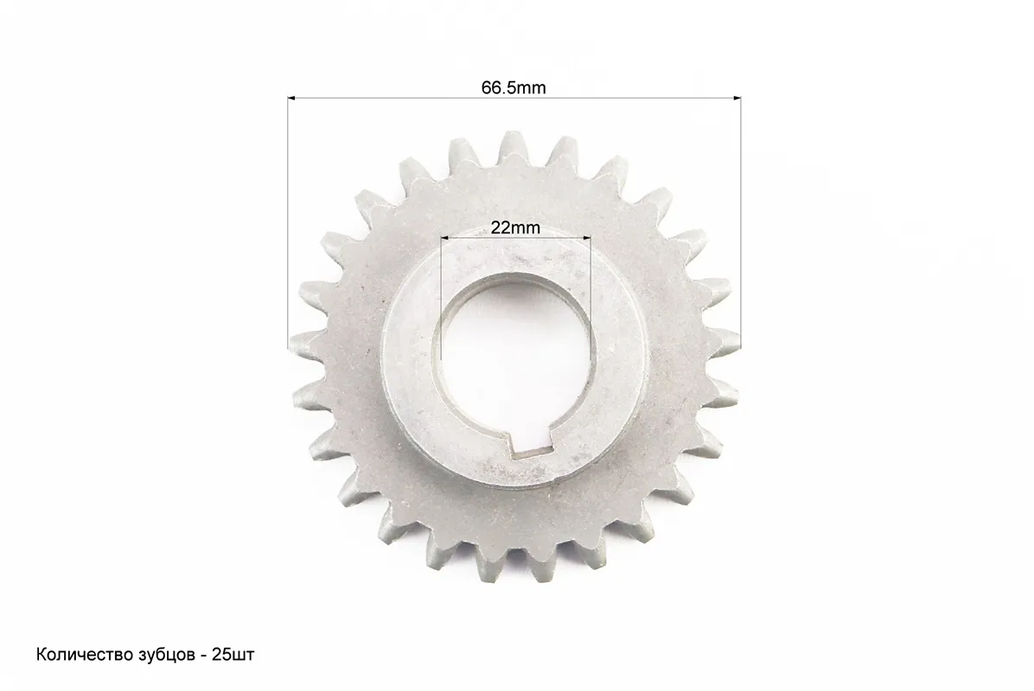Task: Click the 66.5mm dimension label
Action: [x=514, y=87]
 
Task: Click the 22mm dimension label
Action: [x=515, y=228]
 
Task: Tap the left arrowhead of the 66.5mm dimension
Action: [x=291, y=98]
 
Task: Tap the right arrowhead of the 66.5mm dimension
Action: [x=737, y=98]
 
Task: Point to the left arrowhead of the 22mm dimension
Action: [x=444, y=238]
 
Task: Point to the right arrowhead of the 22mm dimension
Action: [x=587, y=238]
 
